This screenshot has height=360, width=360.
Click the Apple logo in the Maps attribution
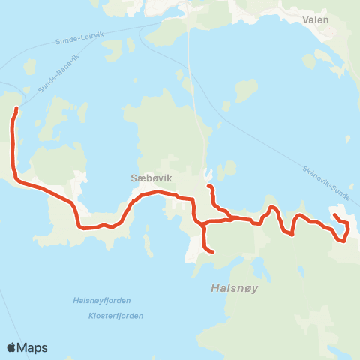(x=13, y=347)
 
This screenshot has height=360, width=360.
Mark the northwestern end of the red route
(x=16, y=109)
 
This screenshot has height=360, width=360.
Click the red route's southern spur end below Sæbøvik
(x=214, y=252)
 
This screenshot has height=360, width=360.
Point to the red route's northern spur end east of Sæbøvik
(x=208, y=186)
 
